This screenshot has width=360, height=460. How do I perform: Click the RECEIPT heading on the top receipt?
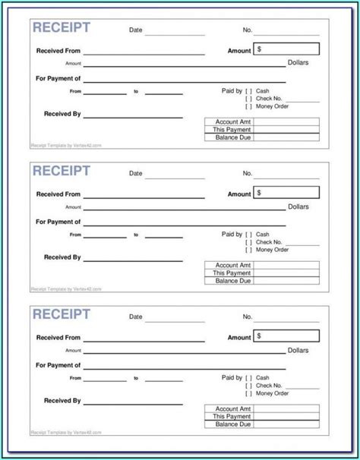(61, 28)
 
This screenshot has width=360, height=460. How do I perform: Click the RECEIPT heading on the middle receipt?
(61, 171)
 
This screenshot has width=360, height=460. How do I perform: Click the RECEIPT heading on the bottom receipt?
(61, 314)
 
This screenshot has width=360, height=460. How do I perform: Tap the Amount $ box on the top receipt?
(286, 49)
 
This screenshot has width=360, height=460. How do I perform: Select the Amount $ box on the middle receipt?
(286, 193)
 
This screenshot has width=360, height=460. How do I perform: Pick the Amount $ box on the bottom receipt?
(286, 336)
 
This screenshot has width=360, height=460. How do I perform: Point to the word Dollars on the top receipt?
(298, 63)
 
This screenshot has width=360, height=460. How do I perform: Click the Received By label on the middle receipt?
(62, 257)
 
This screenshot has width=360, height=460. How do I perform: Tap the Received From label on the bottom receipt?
(58, 337)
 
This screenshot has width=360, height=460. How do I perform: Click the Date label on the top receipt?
(135, 30)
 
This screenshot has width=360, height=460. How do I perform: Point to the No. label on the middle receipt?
(247, 173)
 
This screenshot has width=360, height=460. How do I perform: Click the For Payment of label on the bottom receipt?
(58, 366)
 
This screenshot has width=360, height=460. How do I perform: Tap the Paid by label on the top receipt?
(232, 90)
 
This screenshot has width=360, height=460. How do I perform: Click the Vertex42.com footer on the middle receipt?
(65, 288)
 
